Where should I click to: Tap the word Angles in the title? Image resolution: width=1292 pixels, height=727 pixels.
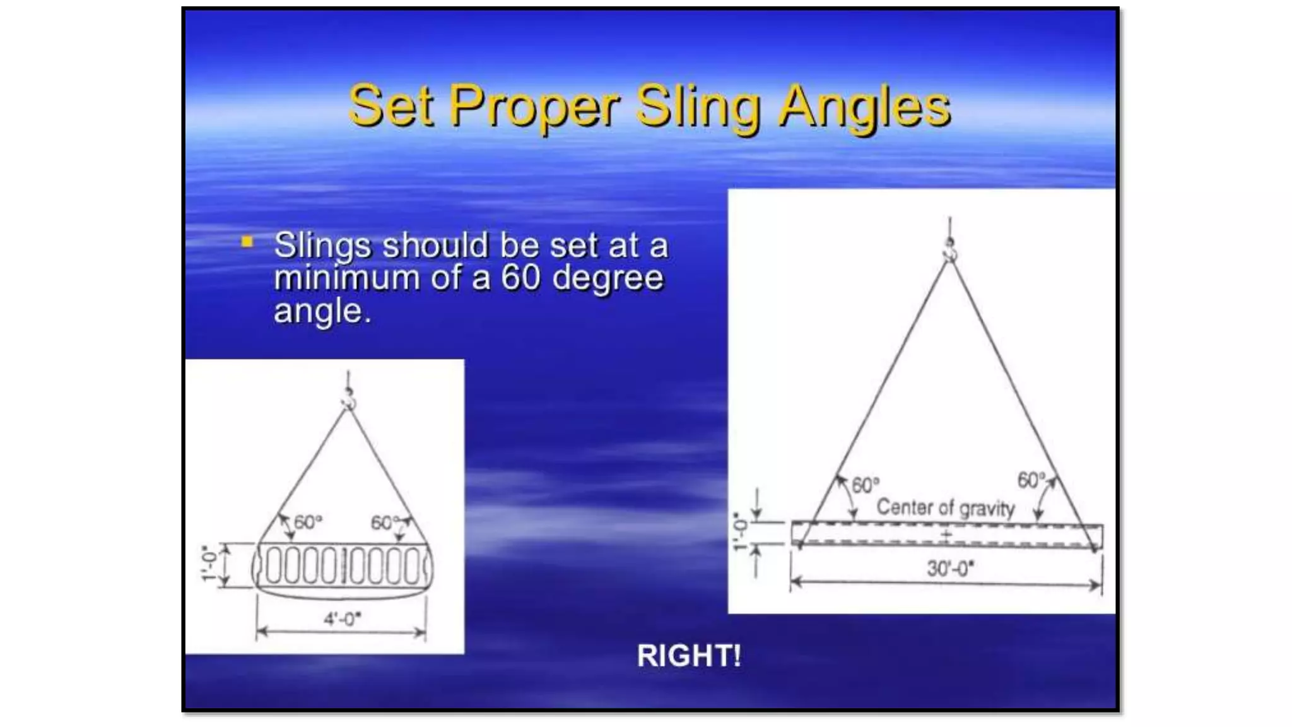(x=864, y=107)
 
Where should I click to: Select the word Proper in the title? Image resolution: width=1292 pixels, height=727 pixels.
(x=534, y=107)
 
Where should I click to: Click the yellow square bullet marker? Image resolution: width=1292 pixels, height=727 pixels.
(x=247, y=242)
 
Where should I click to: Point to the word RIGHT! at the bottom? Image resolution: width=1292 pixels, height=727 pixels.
(x=689, y=656)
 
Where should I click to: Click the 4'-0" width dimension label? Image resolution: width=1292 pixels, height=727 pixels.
(x=342, y=619)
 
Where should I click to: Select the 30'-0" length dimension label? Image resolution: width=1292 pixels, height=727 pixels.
(x=950, y=569)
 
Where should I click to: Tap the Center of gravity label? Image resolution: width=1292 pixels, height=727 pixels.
(x=945, y=507)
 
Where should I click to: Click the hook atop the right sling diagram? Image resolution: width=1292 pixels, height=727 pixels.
(x=949, y=250)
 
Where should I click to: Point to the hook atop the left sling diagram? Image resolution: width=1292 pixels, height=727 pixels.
(x=349, y=399)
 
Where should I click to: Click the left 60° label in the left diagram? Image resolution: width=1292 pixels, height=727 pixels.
(x=308, y=523)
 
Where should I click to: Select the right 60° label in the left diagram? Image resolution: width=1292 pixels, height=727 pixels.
(x=385, y=523)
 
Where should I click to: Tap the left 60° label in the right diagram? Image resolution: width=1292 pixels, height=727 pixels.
(x=865, y=485)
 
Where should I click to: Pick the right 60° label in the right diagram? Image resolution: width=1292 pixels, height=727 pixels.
(x=1031, y=480)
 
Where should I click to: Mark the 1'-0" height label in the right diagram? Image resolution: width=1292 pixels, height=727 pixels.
(x=741, y=532)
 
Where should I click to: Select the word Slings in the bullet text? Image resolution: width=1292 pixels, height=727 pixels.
(x=322, y=245)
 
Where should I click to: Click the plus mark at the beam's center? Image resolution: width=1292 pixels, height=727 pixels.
(x=946, y=536)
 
